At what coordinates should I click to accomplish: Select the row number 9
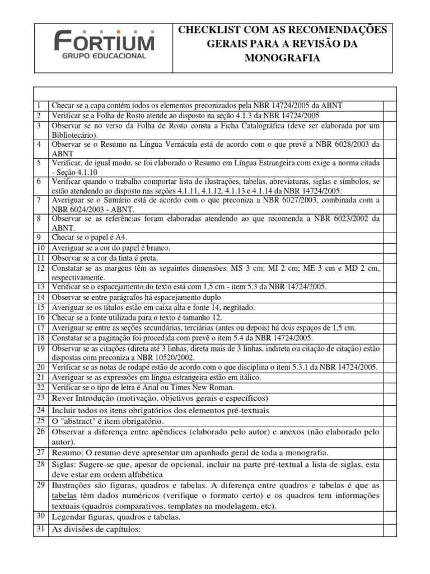pyautogui.click(x=39, y=238)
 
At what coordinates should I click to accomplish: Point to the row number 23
pyautogui.click(x=40, y=398)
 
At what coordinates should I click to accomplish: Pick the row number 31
pyautogui.click(x=40, y=530)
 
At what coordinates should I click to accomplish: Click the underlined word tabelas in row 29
pyautogui.click(x=64, y=496)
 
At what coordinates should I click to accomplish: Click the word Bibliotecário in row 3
pyautogui.click(x=74, y=135)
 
